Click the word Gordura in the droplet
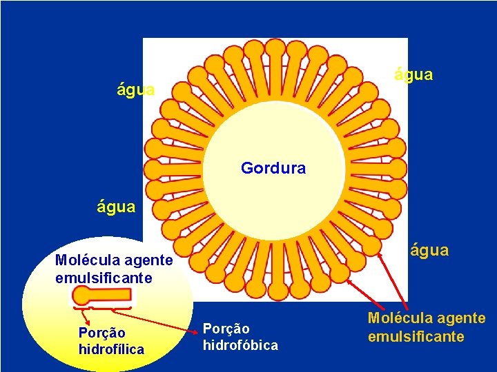tap(273, 167)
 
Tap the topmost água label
tap(413, 74)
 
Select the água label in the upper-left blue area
tap(136, 90)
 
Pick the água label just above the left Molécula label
tap(116, 207)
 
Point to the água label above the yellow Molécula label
tap(429, 250)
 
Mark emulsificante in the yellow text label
tap(416, 336)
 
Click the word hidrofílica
tap(111, 349)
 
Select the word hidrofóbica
tap(240, 345)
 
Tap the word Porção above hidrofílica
tap(102, 333)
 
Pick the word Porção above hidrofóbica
tap(226, 329)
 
